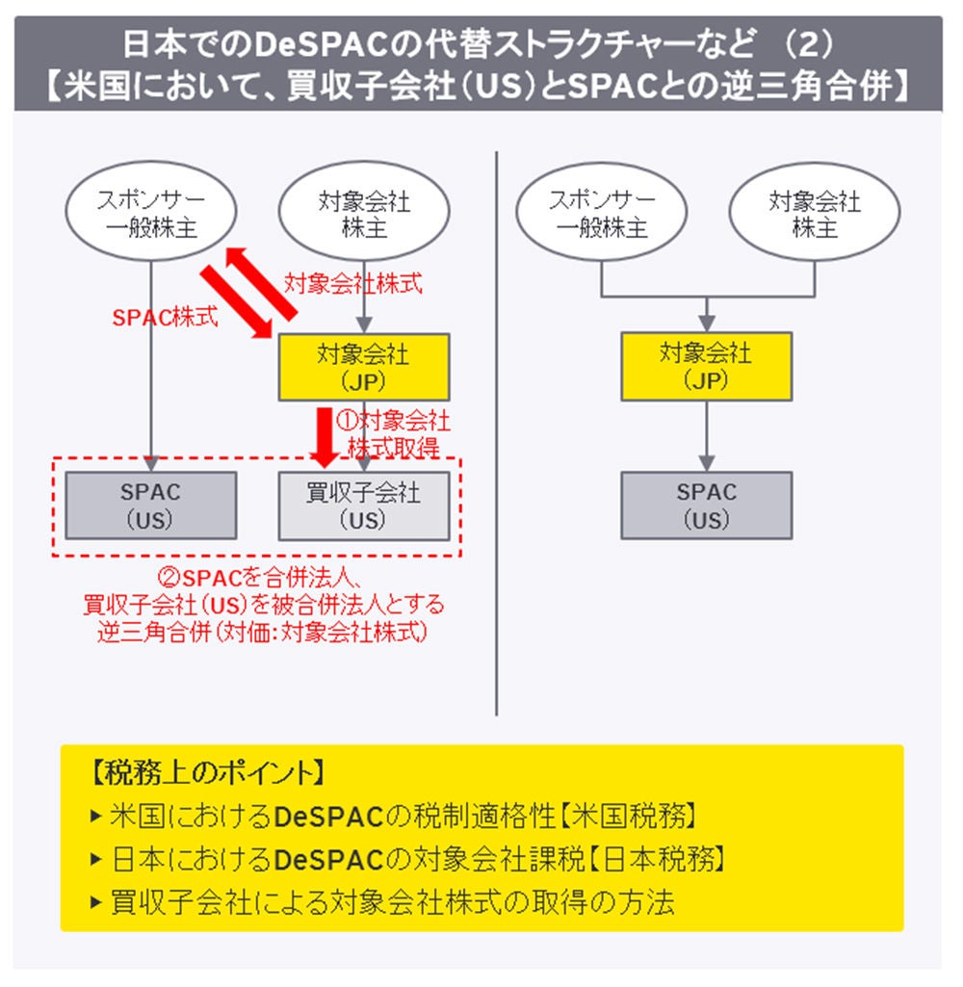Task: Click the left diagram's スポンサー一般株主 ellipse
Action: [151, 215]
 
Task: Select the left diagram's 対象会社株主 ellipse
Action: [363, 215]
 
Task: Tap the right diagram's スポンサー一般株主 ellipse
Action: [602, 215]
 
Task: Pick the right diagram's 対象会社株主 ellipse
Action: [814, 215]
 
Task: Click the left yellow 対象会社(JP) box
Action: [363, 367]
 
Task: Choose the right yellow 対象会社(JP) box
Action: [706, 366]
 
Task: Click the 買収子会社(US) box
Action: [363, 506]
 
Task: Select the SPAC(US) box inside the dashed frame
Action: [151, 506]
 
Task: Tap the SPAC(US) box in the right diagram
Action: [706, 506]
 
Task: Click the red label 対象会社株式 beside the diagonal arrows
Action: [352, 284]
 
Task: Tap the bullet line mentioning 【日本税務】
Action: [417, 858]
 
